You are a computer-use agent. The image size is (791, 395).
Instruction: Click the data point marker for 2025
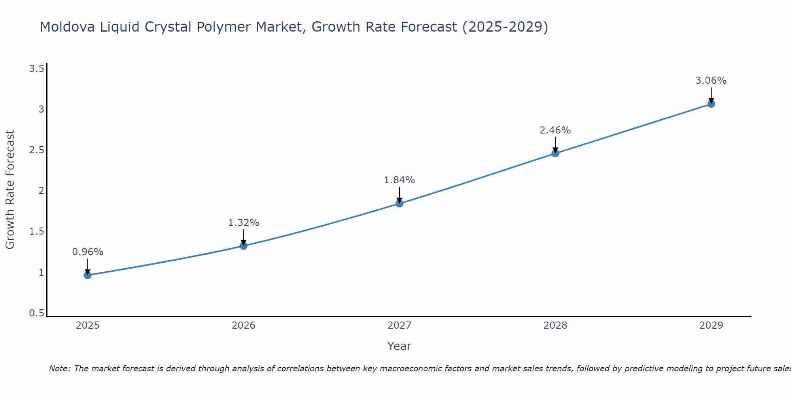pyautogui.click(x=88, y=275)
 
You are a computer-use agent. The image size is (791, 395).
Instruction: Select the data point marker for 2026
pyautogui.click(x=244, y=246)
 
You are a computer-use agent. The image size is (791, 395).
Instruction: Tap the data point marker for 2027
pyautogui.click(x=399, y=203)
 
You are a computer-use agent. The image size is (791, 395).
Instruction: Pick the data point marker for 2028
pyautogui.click(x=555, y=153)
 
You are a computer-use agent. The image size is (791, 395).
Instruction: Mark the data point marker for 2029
pyautogui.click(x=711, y=104)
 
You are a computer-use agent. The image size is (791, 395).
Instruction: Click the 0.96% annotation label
pyautogui.click(x=88, y=252)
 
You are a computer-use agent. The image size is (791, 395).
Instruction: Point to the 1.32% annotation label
pyautogui.click(x=244, y=223)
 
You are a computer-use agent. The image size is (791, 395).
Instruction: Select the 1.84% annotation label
pyautogui.click(x=399, y=180)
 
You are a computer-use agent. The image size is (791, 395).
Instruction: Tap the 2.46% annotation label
pyautogui.click(x=555, y=130)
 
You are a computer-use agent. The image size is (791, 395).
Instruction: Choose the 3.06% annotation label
pyautogui.click(x=711, y=81)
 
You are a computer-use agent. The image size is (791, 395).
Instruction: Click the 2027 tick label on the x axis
pyautogui.click(x=399, y=325)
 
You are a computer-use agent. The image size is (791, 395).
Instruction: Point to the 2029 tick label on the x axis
pyautogui.click(x=711, y=325)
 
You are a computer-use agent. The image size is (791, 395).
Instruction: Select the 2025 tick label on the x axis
pyautogui.click(x=88, y=325)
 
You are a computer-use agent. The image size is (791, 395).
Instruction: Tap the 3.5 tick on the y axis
pyautogui.click(x=36, y=69)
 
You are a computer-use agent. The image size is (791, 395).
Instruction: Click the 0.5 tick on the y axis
pyautogui.click(x=36, y=313)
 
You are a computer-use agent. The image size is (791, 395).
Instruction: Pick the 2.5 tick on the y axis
pyautogui.click(x=36, y=150)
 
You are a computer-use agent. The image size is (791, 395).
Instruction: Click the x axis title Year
pyautogui.click(x=399, y=346)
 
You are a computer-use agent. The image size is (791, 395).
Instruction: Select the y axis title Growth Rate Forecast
pyautogui.click(x=10, y=190)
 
